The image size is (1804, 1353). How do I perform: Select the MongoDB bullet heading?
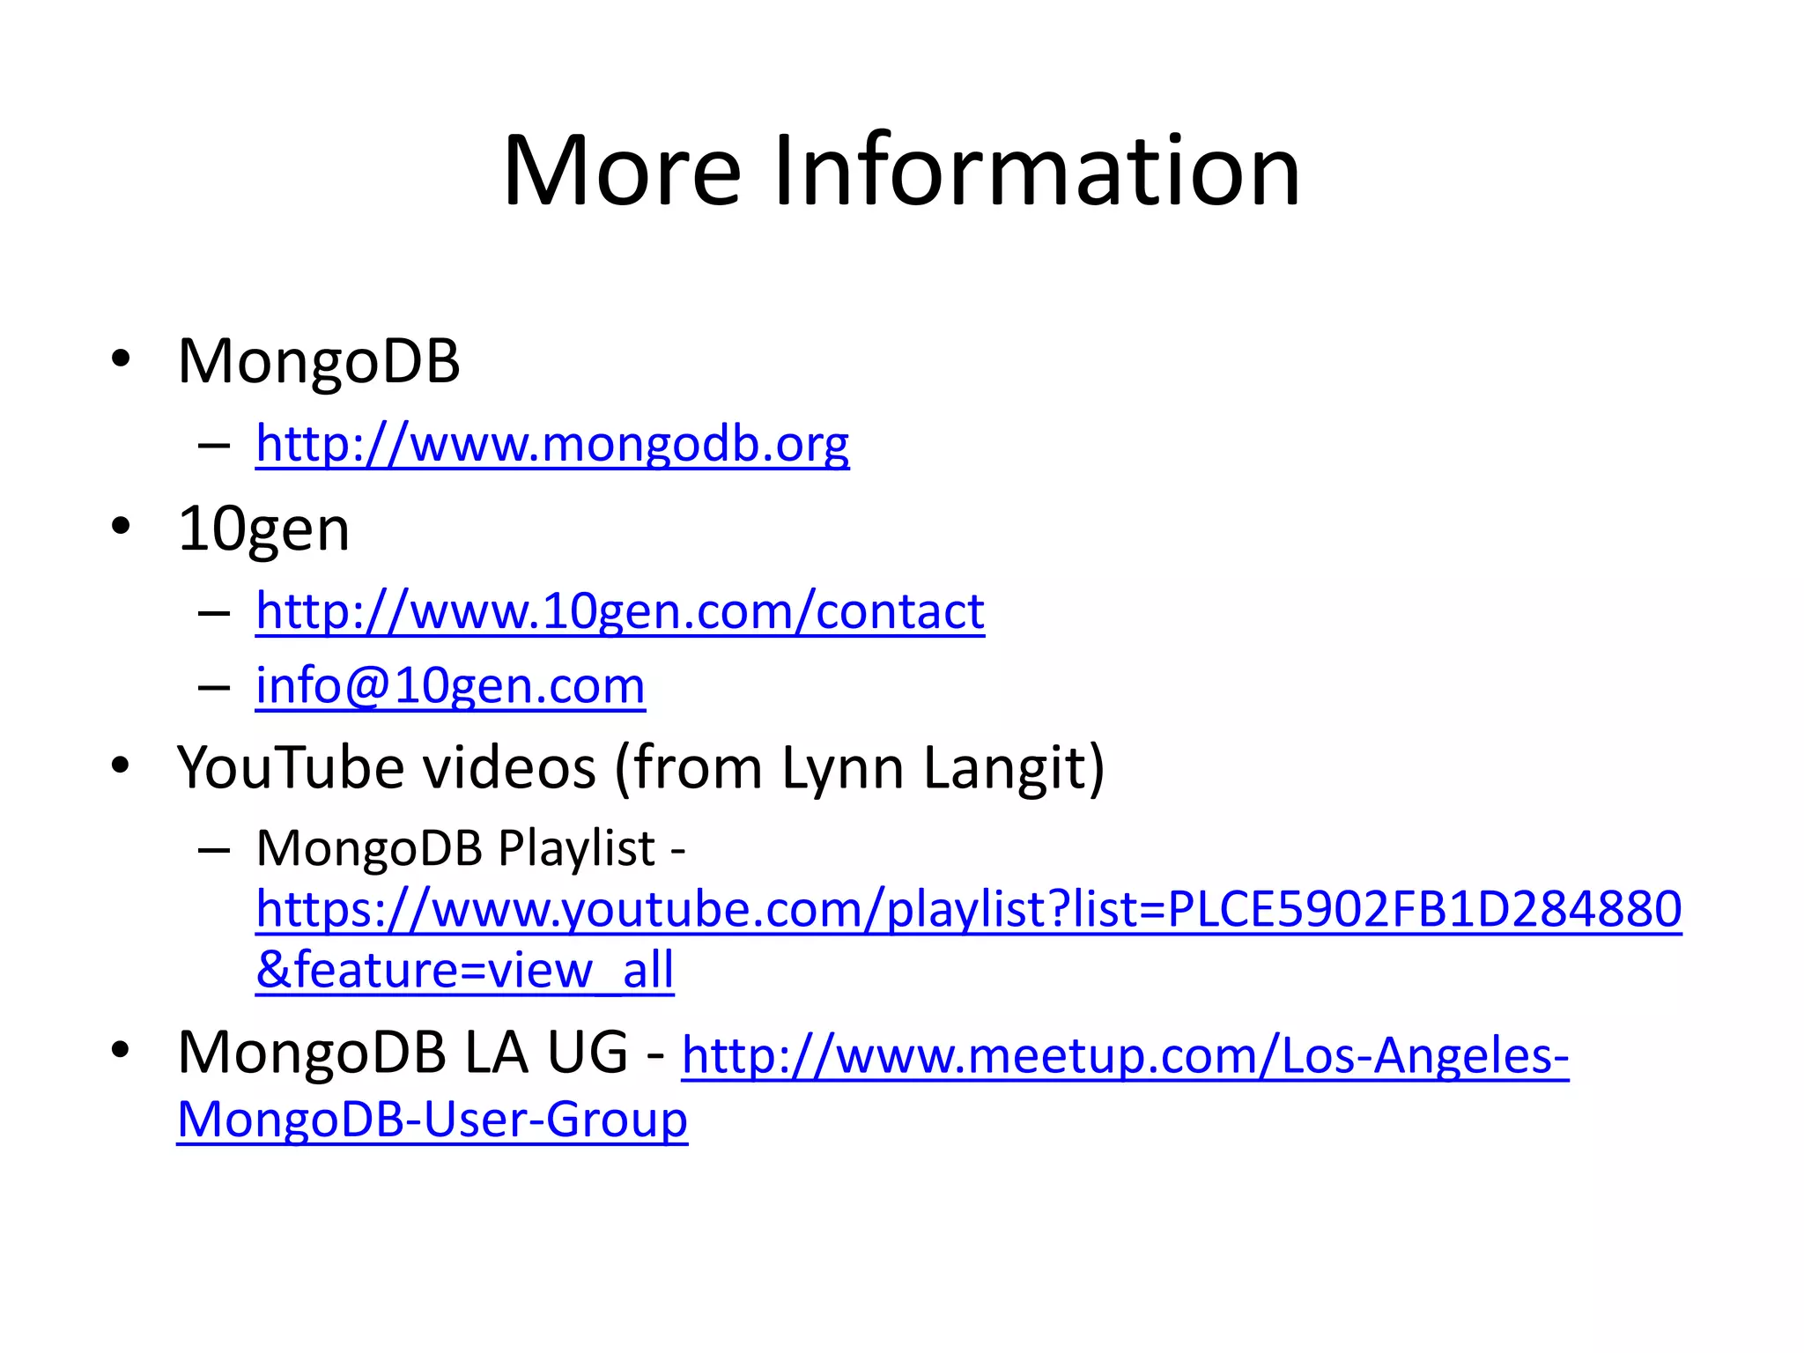coord(319,361)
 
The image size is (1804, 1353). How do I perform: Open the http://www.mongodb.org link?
coord(552,443)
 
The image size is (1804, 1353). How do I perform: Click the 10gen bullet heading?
coord(263,529)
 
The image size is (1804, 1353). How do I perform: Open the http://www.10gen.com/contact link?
coord(620,610)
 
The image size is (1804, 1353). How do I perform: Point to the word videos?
coord(510,767)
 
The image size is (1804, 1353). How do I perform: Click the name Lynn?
coord(844,769)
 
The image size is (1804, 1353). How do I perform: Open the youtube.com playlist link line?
coord(969,909)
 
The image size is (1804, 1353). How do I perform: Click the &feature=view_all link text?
coord(465,971)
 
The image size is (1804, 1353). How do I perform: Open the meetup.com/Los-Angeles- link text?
coord(1125,1055)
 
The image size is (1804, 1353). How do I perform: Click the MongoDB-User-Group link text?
coord(433,1120)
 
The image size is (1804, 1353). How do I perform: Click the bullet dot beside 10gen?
coord(121,527)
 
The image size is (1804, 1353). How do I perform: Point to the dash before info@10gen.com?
coord(214,687)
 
